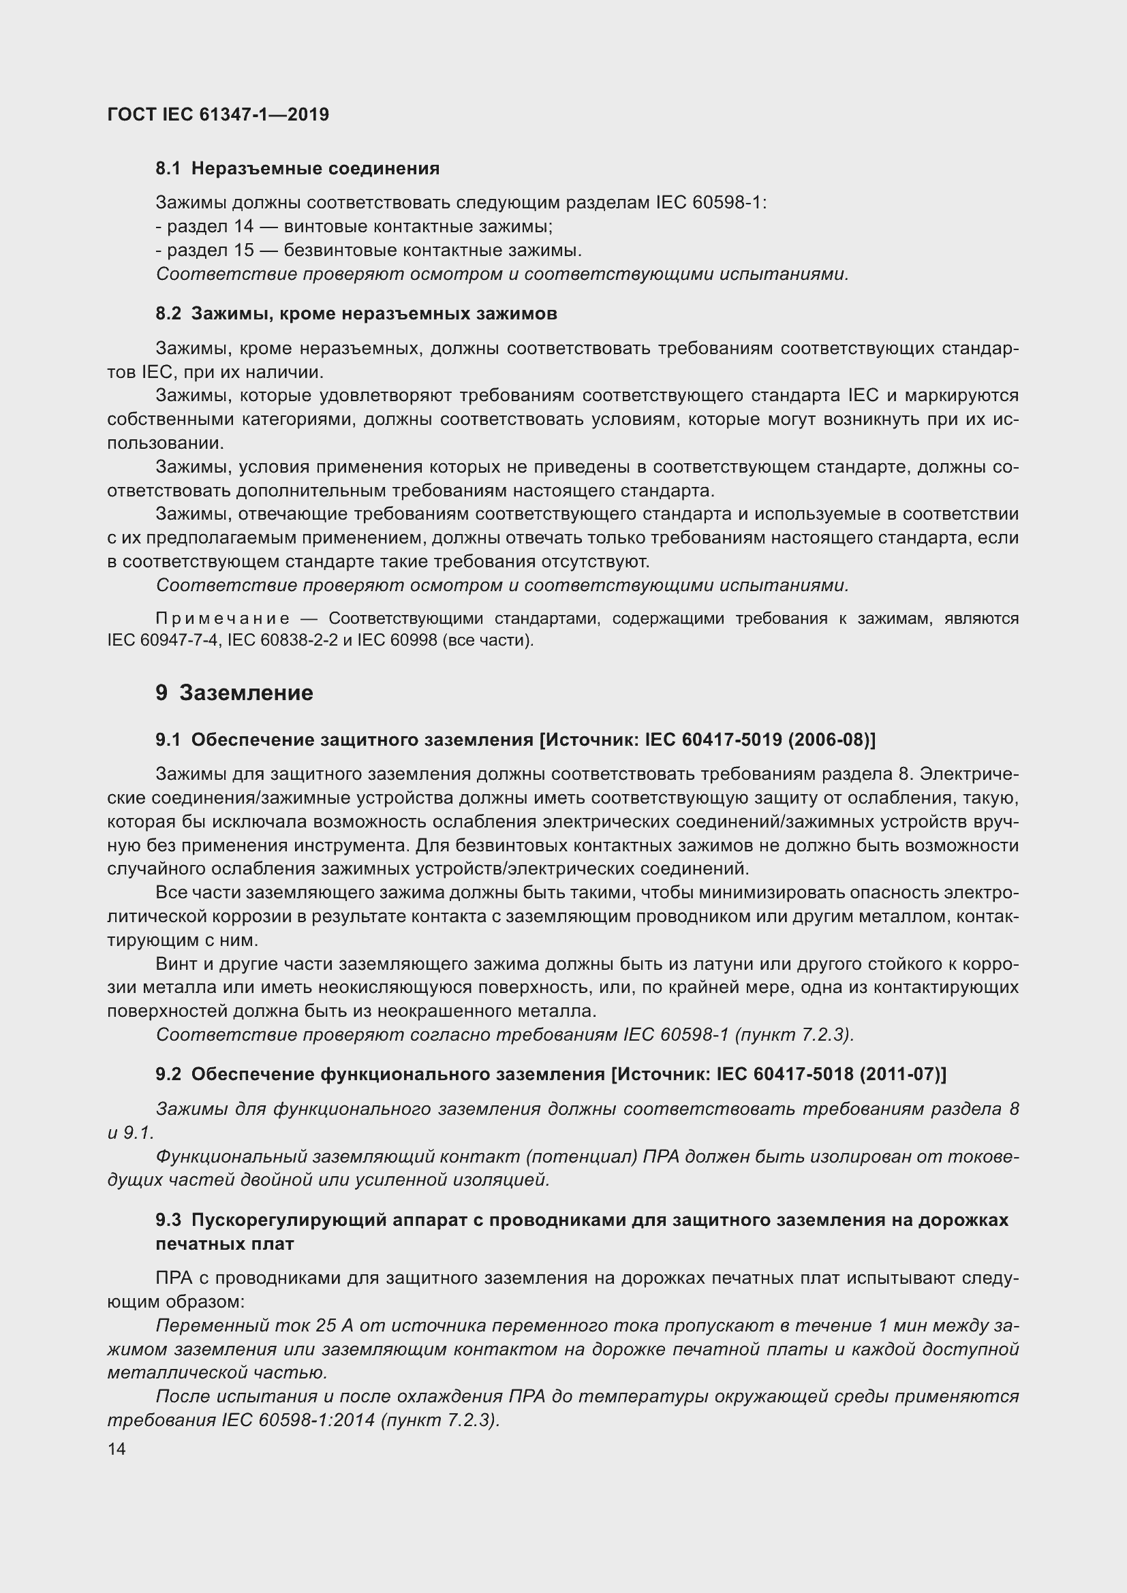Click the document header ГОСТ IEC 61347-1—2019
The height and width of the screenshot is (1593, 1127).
[x=218, y=114]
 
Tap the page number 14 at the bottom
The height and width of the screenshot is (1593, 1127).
[x=117, y=1449]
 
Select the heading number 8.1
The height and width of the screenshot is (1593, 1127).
[x=168, y=169]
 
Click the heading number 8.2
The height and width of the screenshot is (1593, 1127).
[x=168, y=314]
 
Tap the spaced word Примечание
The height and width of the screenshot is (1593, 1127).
[x=223, y=619]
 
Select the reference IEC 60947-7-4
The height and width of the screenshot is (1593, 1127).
[x=162, y=640]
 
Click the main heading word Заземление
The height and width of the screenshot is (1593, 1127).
[x=247, y=693]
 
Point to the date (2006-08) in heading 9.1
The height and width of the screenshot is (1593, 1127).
[x=831, y=740]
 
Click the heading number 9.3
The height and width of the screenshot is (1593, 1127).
[x=168, y=1220]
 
